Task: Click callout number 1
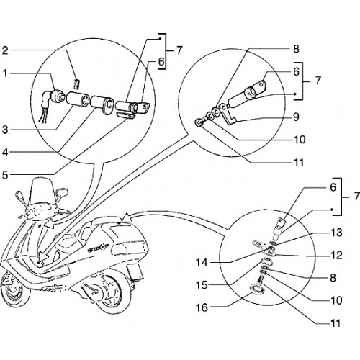tap(5, 73)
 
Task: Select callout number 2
tap(5, 51)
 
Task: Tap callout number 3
tap(5, 130)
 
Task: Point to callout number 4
tap(5, 153)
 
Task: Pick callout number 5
tap(5, 175)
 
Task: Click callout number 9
tap(296, 117)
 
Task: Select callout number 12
tap(336, 256)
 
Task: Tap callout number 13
tap(336, 233)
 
